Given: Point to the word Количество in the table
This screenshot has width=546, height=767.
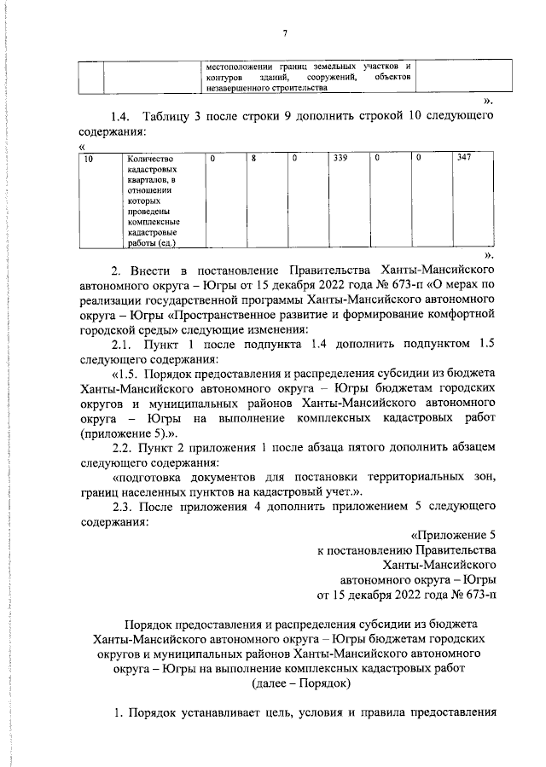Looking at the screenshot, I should point(149,159).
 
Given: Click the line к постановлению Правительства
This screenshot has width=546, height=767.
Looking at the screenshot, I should point(406,552).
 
